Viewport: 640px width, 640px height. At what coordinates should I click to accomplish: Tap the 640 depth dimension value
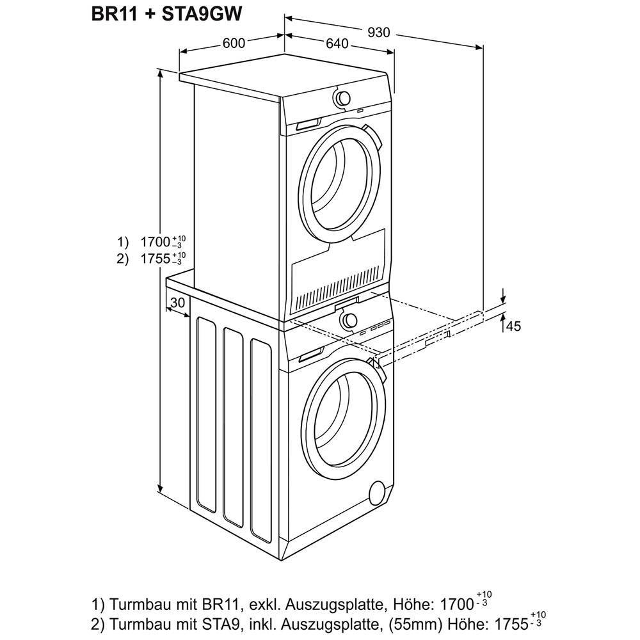pos(336,44)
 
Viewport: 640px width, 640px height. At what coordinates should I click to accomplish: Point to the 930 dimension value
pos(379,32)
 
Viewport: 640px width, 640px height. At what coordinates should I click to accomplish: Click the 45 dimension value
pos(514,326)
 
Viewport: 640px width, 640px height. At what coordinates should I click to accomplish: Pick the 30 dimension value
pos(178,302)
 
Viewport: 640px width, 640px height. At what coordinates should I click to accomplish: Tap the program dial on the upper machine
pos(343,98)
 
